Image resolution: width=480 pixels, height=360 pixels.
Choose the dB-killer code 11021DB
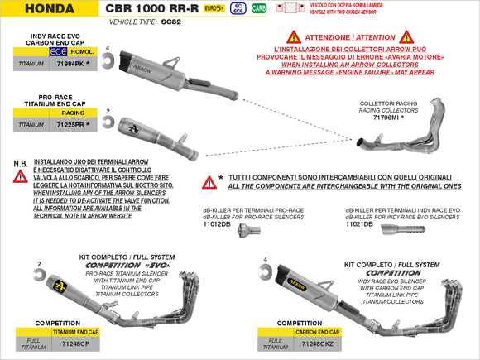(360, 223)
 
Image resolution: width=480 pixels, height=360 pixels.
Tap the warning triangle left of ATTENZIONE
(293, 38)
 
